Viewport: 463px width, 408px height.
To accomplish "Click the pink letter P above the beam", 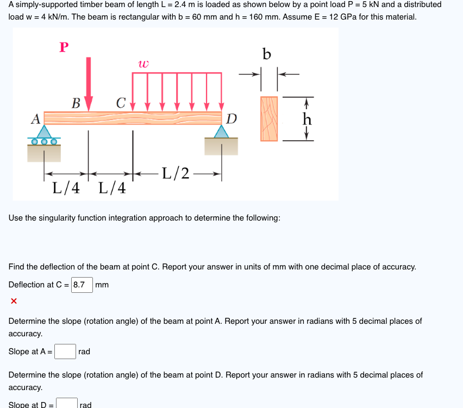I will [x=64, y=47].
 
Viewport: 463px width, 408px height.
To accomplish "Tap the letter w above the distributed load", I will [x=143, y=64].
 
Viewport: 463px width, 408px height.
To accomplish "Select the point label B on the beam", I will [x=76, y=102].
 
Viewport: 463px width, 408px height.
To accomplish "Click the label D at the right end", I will [x=231, y=118].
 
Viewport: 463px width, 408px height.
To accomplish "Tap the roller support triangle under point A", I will [x=45, y=132].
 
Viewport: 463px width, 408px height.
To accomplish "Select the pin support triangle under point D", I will [x=221, y=131].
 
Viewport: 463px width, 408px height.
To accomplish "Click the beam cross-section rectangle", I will [x=268, y=119].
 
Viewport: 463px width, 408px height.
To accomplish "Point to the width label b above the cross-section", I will [x=266, y=54].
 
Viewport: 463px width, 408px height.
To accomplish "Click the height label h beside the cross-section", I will [x=308, y=118].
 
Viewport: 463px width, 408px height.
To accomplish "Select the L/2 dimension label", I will [x=176, y=173].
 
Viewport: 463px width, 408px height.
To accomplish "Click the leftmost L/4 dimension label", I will [x=66, y=189].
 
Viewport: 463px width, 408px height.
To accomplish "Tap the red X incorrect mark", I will [x=14, y=300].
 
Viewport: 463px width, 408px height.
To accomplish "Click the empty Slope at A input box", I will [x=65, y=351].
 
